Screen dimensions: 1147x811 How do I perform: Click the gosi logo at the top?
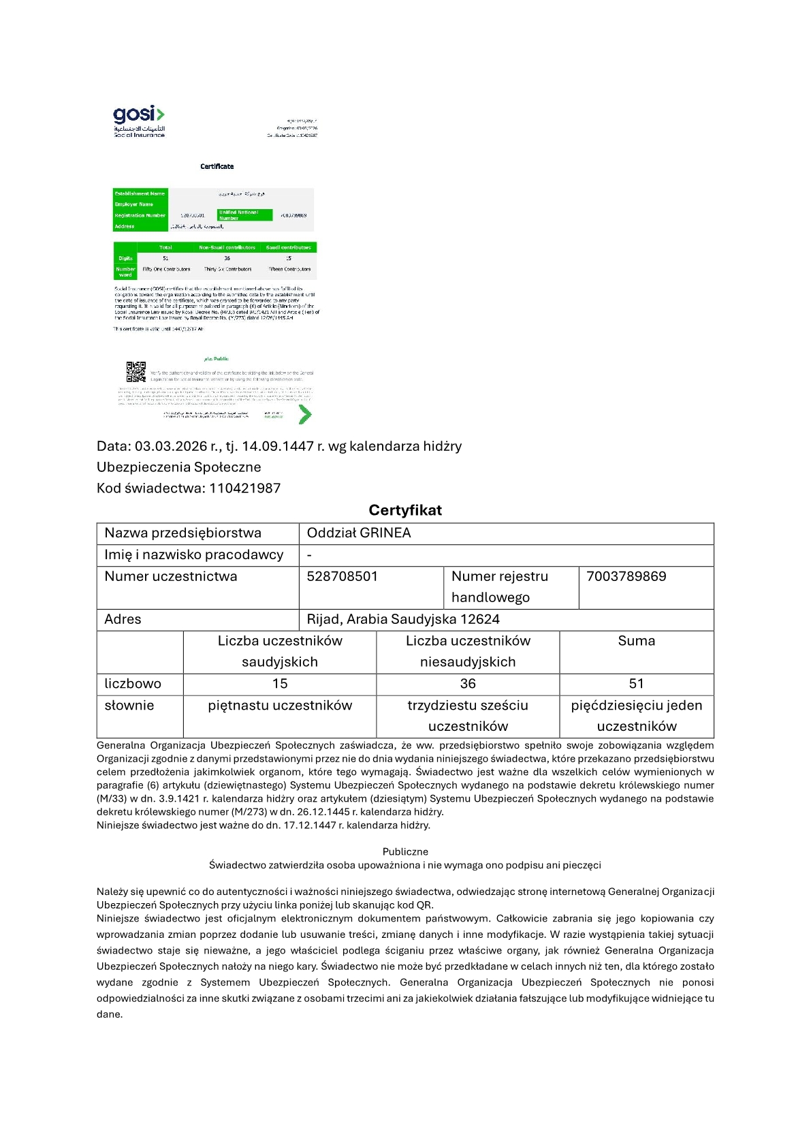click(139, 121)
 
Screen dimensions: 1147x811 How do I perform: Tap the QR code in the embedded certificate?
click(136, 371)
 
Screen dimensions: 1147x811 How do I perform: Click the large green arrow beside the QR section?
click(304, 413)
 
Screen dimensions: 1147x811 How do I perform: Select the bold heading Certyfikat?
click(405, 510)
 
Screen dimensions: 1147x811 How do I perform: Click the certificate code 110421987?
click(244, 488)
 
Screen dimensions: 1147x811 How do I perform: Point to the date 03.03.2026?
click(170, 446)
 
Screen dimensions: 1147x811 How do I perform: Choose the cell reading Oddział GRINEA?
click(359, 533)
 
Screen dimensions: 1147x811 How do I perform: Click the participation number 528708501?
click(342, 576)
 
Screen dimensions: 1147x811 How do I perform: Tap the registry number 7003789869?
click(626, 576)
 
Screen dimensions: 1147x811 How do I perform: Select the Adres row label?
click(123, 619)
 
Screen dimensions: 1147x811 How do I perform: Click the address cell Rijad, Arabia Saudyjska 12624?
click(403, 619)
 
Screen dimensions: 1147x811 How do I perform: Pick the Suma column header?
click(636, 641)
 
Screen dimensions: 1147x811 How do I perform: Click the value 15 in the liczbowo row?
click(280, 684)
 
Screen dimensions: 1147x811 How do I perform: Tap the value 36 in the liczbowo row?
click(468, 684)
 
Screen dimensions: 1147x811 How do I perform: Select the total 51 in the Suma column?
click(636, 684)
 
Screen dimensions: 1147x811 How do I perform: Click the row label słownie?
click(129, 706)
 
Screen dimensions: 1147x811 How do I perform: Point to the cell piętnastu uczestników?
click(280, 706)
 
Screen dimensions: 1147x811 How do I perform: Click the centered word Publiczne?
click(405, 852)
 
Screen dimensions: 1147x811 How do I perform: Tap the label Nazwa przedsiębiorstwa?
click(182, 533)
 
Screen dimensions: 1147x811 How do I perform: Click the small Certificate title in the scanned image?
click(217, 166)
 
